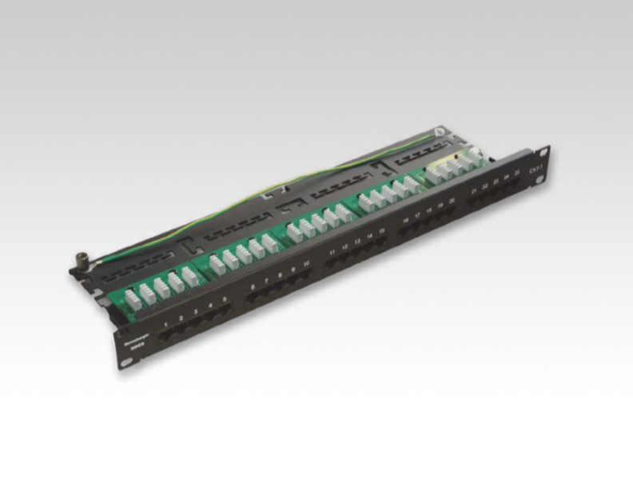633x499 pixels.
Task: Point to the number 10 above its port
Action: [307, 265]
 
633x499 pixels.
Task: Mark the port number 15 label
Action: [382, 233]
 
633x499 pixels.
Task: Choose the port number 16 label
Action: [406, 222]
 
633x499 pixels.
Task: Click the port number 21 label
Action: [475, 192]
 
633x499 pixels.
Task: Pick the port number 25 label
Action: [517, 174]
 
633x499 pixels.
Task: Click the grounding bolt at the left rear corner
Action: [81, 260]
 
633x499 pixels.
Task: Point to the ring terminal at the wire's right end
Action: [439, 134]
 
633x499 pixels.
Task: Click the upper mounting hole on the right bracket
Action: [544, 153]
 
